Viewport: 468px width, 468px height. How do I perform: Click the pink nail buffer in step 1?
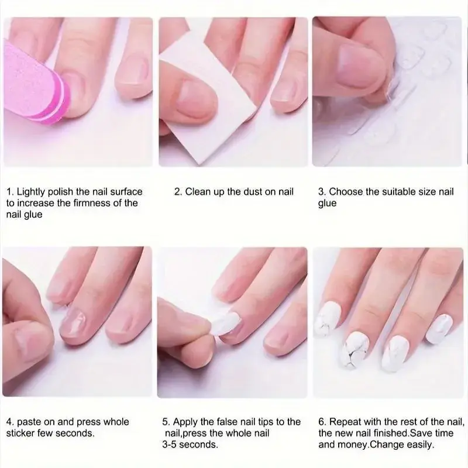36,84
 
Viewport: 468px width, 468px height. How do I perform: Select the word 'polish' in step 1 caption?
61,192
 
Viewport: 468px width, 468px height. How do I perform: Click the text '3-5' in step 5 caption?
169,445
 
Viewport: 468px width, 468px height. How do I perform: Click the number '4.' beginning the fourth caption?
10,422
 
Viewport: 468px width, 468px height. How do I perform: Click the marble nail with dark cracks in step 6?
356,350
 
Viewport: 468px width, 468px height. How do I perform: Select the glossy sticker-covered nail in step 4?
73,325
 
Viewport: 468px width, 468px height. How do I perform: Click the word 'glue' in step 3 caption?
327,204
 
